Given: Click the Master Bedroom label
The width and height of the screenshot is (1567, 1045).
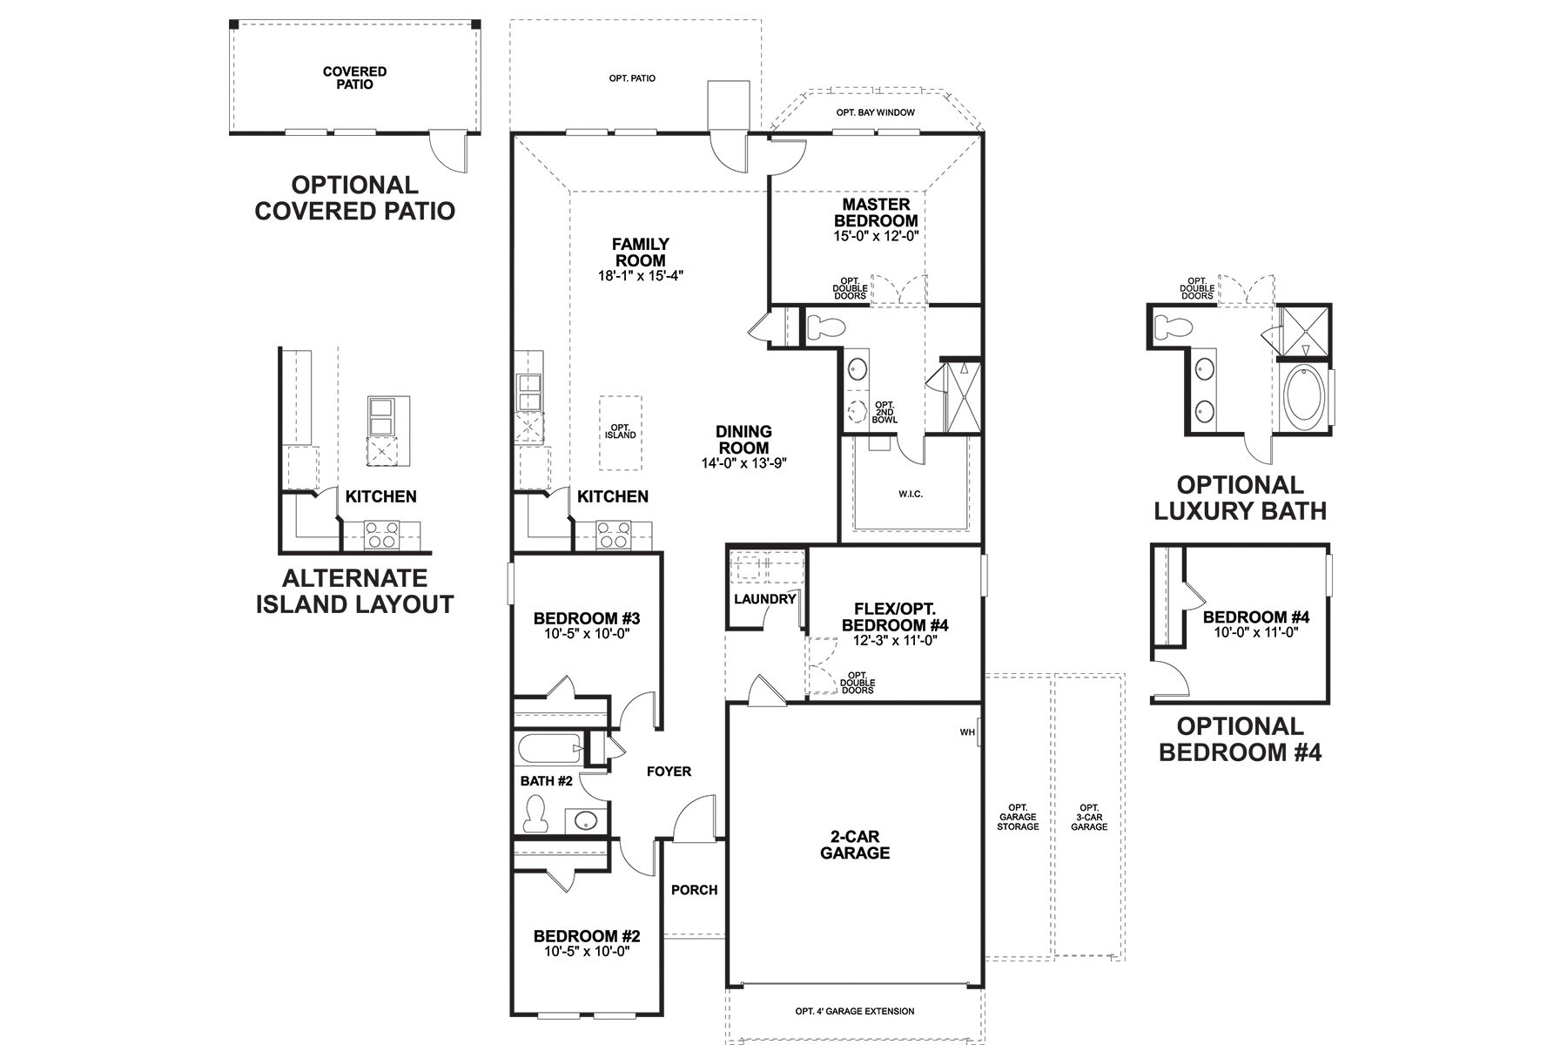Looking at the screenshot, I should tap(876, 212).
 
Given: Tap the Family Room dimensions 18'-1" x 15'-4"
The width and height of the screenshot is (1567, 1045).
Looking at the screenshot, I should tap(640, 276).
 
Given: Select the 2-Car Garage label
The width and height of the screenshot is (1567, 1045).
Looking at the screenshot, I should tap(855, 844).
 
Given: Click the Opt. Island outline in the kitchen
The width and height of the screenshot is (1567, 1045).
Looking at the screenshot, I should tap(621, 430).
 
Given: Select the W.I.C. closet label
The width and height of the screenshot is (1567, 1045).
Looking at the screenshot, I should tap(911, 494).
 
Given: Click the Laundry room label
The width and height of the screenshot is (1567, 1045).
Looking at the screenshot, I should tap(764, 599).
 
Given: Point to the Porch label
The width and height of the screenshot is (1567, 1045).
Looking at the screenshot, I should tap(694, 889).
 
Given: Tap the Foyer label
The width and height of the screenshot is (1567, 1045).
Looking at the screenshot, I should tap(669, 771).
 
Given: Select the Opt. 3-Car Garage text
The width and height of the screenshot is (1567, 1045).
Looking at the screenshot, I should tap(1089, 816).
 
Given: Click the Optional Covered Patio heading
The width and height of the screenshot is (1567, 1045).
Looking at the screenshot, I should tap(355, 198).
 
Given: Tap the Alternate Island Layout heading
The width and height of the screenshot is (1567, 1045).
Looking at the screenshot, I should tap(355, 590).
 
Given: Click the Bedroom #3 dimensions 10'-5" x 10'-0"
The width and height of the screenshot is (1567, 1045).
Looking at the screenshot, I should tap(586, 634).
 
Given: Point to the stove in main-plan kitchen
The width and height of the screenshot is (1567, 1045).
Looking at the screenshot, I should tap(612, 534).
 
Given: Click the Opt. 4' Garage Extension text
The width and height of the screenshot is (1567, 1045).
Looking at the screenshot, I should tap(854, 1011).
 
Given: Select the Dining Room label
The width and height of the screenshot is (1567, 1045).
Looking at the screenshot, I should tap(743, 439).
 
